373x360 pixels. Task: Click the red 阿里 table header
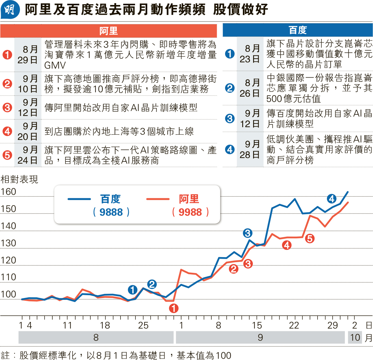point(108,31)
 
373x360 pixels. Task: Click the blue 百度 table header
point(298,30)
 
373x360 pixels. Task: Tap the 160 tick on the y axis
point(8,192)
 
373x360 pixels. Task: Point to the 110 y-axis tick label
point(8,277)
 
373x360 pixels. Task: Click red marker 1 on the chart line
point(174,308)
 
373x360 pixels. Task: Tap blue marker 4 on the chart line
point(332,199)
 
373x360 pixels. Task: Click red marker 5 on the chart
point(309,239)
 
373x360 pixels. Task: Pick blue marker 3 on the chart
point(248,233)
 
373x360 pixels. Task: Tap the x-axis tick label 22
point(294,325)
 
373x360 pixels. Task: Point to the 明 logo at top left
point(10,10)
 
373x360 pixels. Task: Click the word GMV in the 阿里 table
point(55,65)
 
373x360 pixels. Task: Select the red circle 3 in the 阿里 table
point(7,108)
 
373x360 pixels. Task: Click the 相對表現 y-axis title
point(19,179)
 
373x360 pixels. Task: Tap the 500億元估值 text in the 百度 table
point(293,99)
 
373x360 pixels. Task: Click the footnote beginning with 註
point(116,355)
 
